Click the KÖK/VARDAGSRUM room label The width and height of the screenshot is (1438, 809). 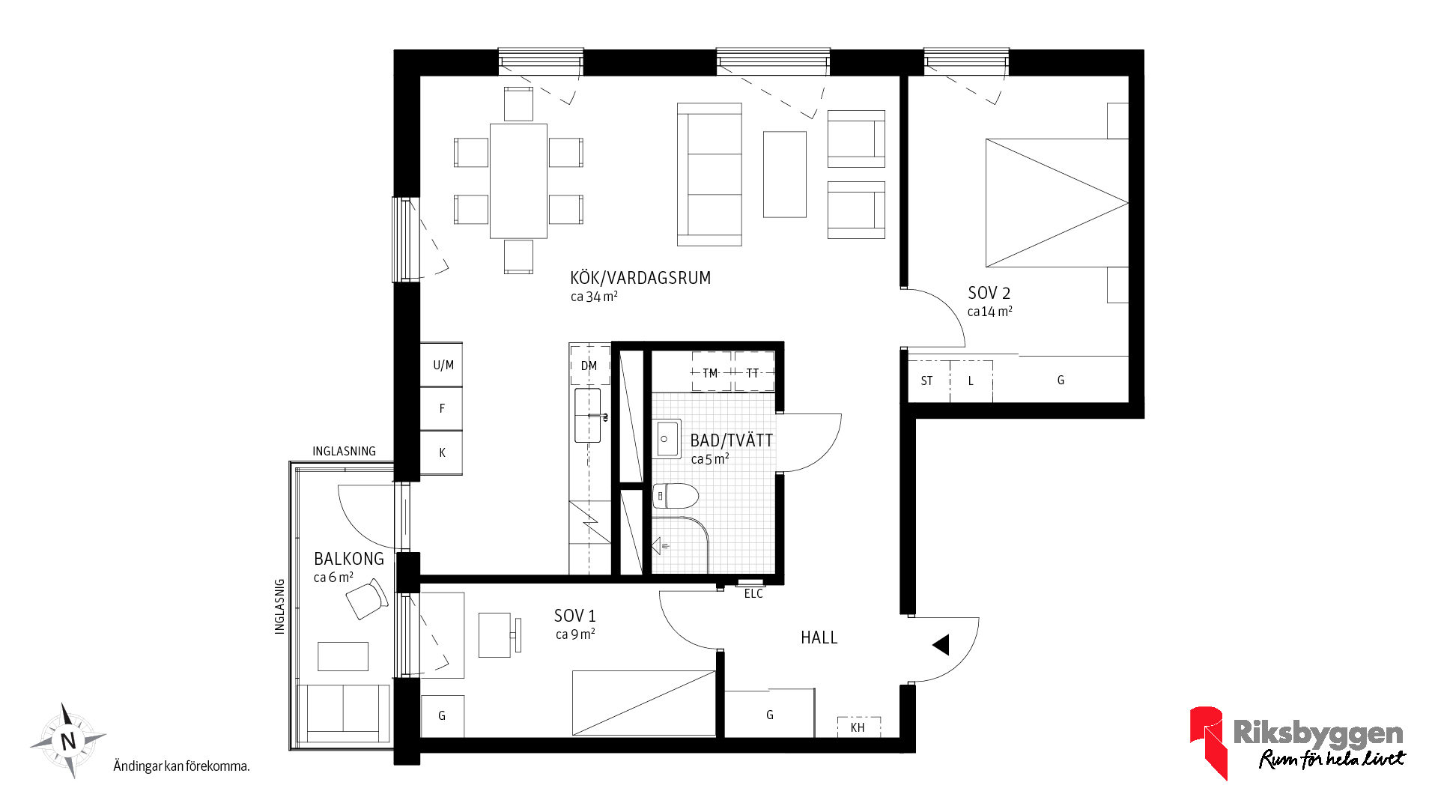point(640,278)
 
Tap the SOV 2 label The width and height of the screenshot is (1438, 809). point(989,293)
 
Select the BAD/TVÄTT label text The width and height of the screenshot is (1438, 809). point(731,440)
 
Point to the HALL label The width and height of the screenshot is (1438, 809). point(819,637)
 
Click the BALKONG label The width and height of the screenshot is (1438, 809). point(348,559)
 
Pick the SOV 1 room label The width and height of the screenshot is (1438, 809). point(574,616)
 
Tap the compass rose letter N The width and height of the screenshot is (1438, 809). point(68,741)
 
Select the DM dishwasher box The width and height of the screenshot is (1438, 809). point(589,366)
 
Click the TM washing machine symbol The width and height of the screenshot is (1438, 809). point(711,372)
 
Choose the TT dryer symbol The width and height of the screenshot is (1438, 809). point(753,372)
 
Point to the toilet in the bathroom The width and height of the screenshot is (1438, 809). point(676,495)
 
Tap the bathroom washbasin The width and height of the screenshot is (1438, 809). point(667,438)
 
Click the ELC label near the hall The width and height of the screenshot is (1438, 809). point(753,594)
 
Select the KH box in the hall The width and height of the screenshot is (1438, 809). point(858,727)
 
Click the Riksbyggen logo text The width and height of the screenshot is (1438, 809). point(1318,733)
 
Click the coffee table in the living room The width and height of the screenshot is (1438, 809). point(785,175)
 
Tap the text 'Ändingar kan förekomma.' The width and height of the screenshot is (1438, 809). point(181,766)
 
